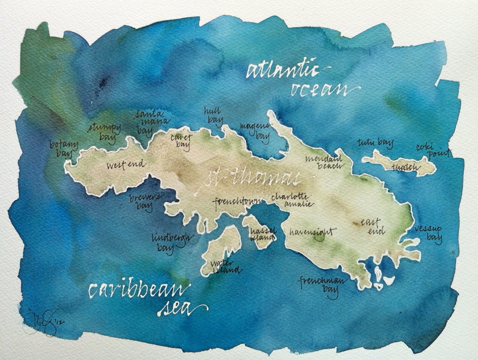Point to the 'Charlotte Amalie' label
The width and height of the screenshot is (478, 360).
(x=292, y=200)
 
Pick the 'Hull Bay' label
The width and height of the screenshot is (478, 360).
(x=212, y=115)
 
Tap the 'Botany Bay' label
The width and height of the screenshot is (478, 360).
(x=64, y=149)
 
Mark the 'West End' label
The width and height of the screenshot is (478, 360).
(x=126, y=165)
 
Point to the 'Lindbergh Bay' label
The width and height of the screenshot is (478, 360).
(x=172, y=242)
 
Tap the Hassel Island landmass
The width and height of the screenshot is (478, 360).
(x=259, y=232)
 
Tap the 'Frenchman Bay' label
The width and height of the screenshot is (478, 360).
(x=322, y=286)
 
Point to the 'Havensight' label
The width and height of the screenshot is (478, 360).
(x=312, y=232)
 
